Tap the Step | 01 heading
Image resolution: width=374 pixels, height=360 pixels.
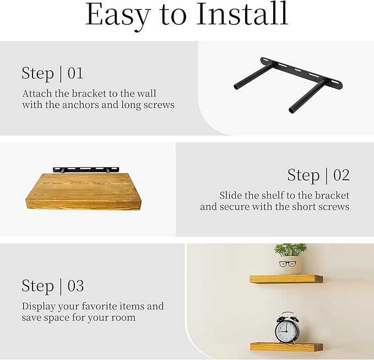click(x=53, y=73)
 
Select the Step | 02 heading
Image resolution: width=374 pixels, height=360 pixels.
click(x=318, y=175)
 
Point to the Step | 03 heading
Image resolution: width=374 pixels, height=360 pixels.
click(x=53, y=286)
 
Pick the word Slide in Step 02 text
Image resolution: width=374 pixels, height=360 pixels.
click(x=231, y=196)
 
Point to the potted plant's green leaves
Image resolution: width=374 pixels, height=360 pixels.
click(x=290, y=250)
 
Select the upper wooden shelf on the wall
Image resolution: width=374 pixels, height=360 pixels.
click(x=286, y=279)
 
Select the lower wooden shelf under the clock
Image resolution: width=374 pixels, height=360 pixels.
click(x=286, y=346)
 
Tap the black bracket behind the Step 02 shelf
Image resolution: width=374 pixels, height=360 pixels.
click(x=83, y=169)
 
